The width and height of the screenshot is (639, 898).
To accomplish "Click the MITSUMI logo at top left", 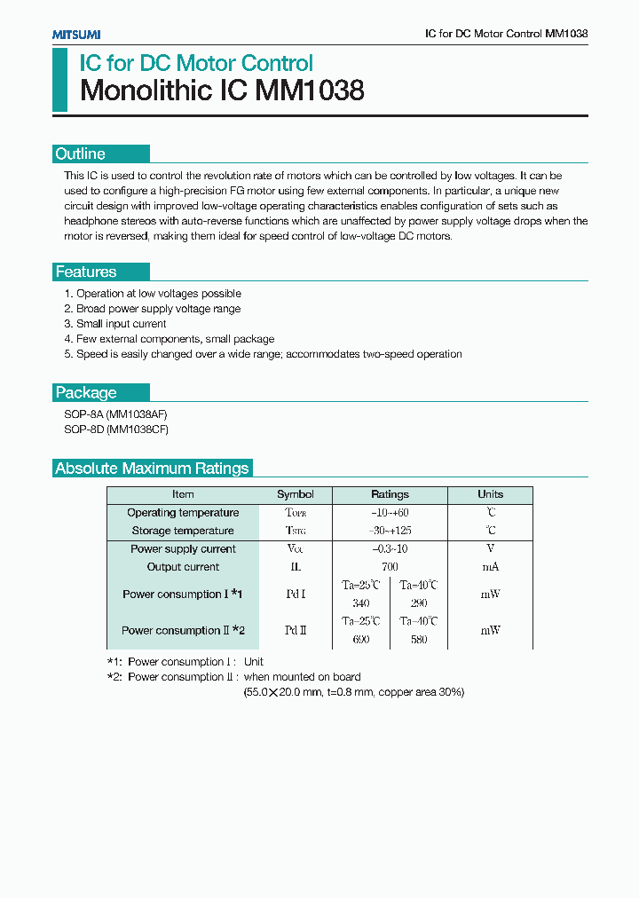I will click(x=76, y=34).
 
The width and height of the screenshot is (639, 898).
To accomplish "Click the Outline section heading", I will click(x=81, y=154).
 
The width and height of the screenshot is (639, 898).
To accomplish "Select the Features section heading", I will click(x=86, y=272).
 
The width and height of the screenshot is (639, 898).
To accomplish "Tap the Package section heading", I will click(x=86, y=392).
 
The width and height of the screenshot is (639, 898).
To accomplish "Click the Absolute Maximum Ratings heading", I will click(x=153, y=469).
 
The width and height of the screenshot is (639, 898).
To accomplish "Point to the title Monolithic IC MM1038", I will click(x=222, y=91).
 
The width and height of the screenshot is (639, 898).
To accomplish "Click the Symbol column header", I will click(x=296, y=494).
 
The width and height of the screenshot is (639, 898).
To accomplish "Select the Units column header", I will click(x=490, y=494).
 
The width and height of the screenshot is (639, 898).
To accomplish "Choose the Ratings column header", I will click(x=390, y=494).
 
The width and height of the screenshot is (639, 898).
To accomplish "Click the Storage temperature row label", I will click(x=183, y=531).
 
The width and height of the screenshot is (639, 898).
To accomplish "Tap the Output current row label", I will click(x=183, y=567).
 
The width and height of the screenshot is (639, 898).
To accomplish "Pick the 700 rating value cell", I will click(x=390, y=567).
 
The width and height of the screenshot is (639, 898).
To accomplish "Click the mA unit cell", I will click(x=490, y=567).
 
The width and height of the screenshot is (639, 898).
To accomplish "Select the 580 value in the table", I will click(x=419, y=639).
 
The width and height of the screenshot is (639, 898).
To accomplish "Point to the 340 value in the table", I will click(x=360, y=603).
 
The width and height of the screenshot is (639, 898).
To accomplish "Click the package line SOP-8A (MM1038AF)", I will click(x=116, y=414).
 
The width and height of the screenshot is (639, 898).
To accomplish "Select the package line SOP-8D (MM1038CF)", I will click(x=116, y=429).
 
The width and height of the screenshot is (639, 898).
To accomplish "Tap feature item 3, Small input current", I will click(x=115, y=324).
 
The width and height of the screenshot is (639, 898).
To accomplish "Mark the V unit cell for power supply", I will click(x=490, y=548).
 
